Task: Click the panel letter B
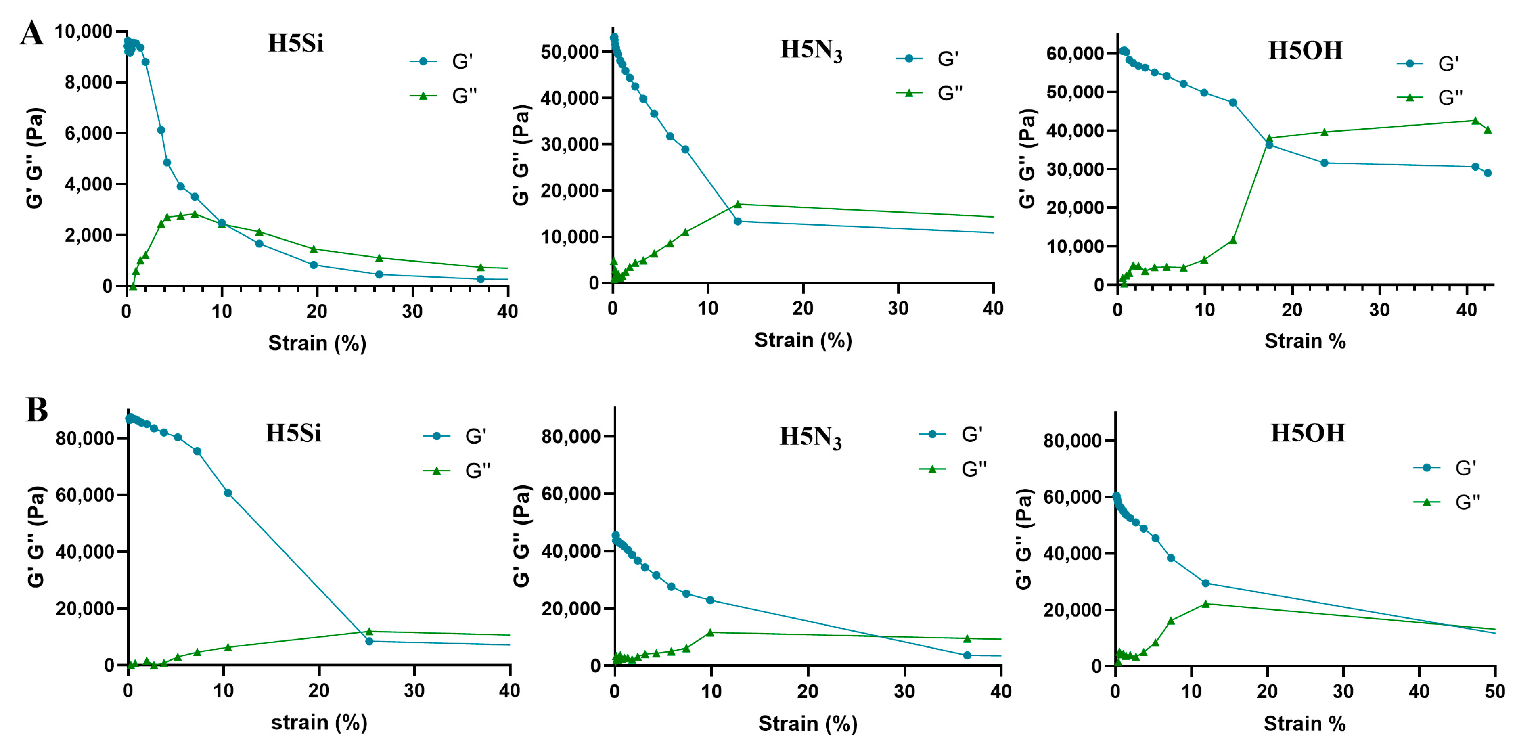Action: point(36,410)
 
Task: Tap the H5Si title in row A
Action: point(296,44)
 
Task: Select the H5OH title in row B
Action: point(1308,433)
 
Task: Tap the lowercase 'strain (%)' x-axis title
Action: point(318,722)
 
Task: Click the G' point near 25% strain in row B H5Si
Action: point(369,641)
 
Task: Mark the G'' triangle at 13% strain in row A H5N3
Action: point(737,204)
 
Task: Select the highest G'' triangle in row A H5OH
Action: point(1475,121)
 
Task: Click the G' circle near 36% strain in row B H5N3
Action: point(967,655)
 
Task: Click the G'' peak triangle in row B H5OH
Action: point(1205,604)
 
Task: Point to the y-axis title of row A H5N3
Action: point(521,155)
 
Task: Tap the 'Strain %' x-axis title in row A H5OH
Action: point(1305,341)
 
